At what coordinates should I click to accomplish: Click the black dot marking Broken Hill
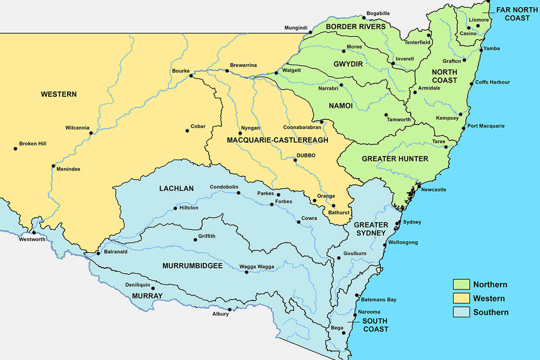[x=15, y=148]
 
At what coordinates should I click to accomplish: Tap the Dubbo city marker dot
[x=295, y=160]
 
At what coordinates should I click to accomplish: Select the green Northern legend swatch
[x=461, y=284]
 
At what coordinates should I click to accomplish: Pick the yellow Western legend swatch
[x=461, y=298]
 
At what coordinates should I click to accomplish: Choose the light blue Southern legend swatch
[x=461, y=312]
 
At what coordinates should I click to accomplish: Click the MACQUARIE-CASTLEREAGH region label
[x=277, y=140]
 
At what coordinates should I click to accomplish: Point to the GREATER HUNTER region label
[x=395, y=158]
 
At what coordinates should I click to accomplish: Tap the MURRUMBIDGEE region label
[x=192, y=266]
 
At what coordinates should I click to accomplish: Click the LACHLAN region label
[x=176, y=189]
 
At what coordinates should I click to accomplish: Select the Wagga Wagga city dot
[x=246, y=272]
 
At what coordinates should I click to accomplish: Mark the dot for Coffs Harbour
[x=471, y=83]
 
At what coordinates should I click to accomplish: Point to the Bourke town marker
[x=191, y=76]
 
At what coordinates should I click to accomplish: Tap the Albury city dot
[x=230, y=310]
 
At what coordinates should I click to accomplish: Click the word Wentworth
[x=32, y=239]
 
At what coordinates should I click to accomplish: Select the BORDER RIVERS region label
[x=355, y=27]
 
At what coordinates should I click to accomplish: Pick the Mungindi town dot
[x=310, y=32]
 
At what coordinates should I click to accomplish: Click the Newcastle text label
[x=433, y=189]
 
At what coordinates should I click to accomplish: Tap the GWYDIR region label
[x=348, y=64]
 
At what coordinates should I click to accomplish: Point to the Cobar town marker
[x=187, y=131]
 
